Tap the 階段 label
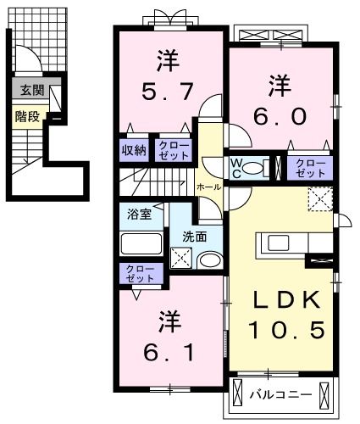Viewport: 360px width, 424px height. pos(27,116)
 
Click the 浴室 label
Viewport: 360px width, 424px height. pos(140,214)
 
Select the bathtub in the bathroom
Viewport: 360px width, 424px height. pos(141,244)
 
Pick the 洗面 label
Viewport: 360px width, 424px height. pos(195,237)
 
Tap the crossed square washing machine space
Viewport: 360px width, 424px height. pos(181,259)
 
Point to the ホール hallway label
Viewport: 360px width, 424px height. pos(208,186)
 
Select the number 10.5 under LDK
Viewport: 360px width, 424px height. pos(282,330)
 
